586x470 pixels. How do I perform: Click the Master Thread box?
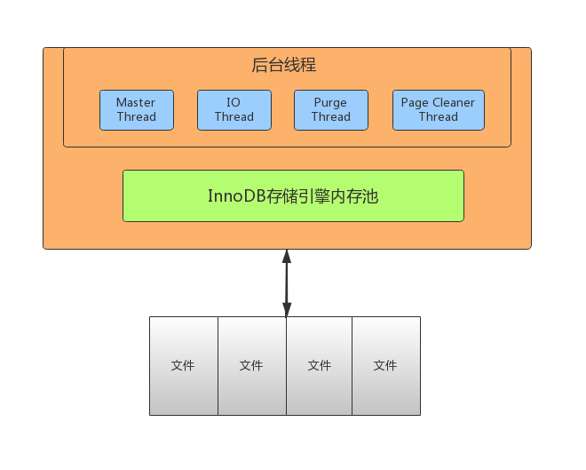pos(137,110)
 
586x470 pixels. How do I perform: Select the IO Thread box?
pos(234,110)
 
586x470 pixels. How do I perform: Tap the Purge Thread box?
pos(331,110)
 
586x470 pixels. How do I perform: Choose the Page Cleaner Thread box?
pos(439,110)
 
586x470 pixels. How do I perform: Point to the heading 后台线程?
pos(283,65)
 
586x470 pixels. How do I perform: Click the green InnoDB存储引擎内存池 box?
pos(293,196)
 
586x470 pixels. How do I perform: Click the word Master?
pos(136,102)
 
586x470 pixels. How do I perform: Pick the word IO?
pos(234,102)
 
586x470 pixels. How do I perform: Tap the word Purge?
pos(330,103)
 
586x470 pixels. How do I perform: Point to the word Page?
pos(415,103)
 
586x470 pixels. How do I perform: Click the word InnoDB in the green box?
pos(236,196)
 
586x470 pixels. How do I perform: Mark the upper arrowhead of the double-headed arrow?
pos(287,256)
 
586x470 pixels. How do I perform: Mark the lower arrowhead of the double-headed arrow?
pos(287,310)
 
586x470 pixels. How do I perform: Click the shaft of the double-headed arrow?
pos(287,283)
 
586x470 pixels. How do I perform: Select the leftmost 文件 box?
pos(184,366)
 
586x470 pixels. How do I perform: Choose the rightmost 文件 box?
pos(386,366)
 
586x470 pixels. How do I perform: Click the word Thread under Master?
pos(137,116)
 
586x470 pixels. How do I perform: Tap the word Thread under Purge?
pos(331,116)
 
